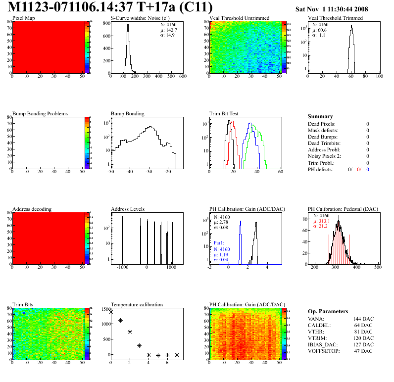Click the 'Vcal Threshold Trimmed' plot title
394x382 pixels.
click(335, 18)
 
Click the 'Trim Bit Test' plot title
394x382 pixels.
click(224, 114)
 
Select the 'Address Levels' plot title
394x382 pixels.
click(128, 209)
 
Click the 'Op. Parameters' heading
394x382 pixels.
click(328, 312)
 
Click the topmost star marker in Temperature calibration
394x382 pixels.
click(111, 312)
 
